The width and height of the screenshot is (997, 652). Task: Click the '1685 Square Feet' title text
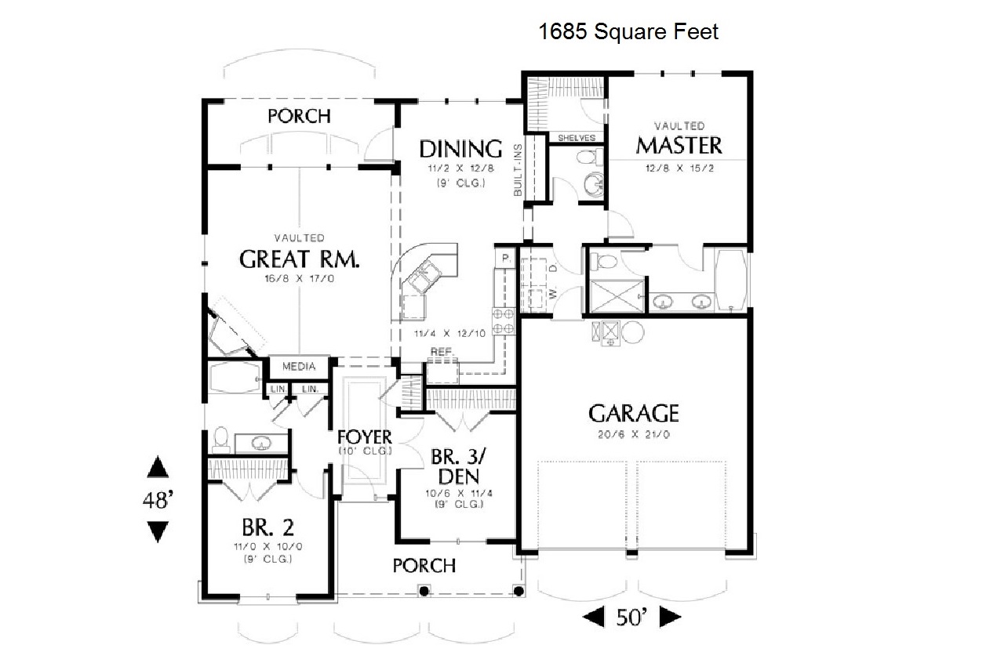point(628,31)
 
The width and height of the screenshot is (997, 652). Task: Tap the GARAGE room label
point(633,413)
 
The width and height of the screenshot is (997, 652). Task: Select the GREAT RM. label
point(299,259)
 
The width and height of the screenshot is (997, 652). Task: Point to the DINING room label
point(460,149)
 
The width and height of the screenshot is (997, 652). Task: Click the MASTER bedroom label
point(679,146)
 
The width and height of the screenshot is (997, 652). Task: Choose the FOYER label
point(365,437)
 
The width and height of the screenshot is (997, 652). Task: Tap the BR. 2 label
point(268,527)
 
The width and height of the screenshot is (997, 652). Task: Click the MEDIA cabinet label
point(299,367)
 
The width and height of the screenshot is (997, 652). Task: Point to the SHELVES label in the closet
point(577,138)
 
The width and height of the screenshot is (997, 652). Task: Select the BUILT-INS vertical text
point(518,170)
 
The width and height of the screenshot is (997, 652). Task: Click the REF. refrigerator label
point(442,352)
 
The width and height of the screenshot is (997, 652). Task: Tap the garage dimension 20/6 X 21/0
point(634,434)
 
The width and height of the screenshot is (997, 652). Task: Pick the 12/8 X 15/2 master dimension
point(679,168)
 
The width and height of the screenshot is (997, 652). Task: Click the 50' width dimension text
point(631,617)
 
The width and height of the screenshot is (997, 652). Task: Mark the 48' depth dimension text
point(158,500)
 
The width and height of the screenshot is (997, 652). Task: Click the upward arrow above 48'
point(158,466)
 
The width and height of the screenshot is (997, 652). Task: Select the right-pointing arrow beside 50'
point(671,617)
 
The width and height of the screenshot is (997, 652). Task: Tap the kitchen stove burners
point(504,321)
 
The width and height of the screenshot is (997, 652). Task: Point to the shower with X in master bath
point(617,296)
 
